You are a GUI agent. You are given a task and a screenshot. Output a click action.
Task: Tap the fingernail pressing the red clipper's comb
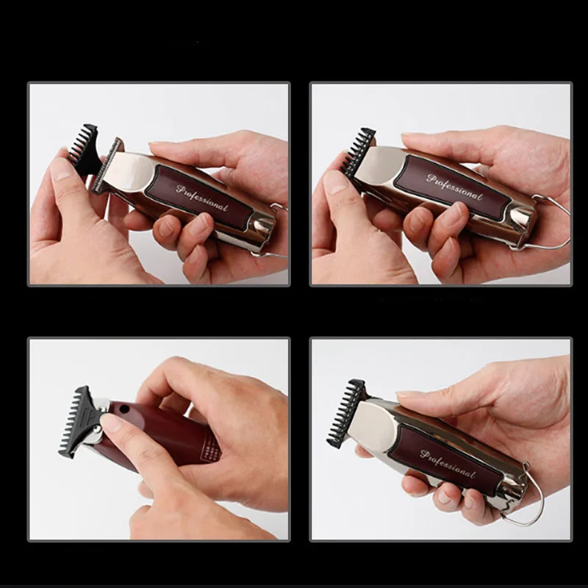tap(111, 423)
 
